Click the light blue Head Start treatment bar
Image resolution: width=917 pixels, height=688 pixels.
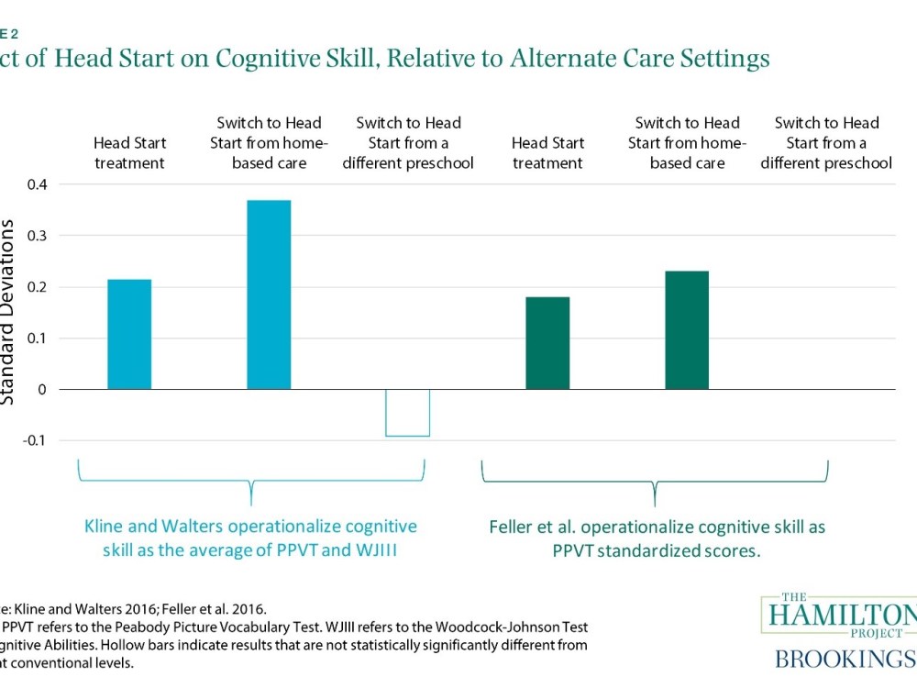point(129,334)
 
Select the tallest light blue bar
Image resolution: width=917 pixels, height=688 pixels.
point(269,294)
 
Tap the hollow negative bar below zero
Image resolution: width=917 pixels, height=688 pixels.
point(407,413)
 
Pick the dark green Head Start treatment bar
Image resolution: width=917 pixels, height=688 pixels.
point(547,343)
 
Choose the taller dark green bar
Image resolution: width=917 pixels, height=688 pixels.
point(687,330)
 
